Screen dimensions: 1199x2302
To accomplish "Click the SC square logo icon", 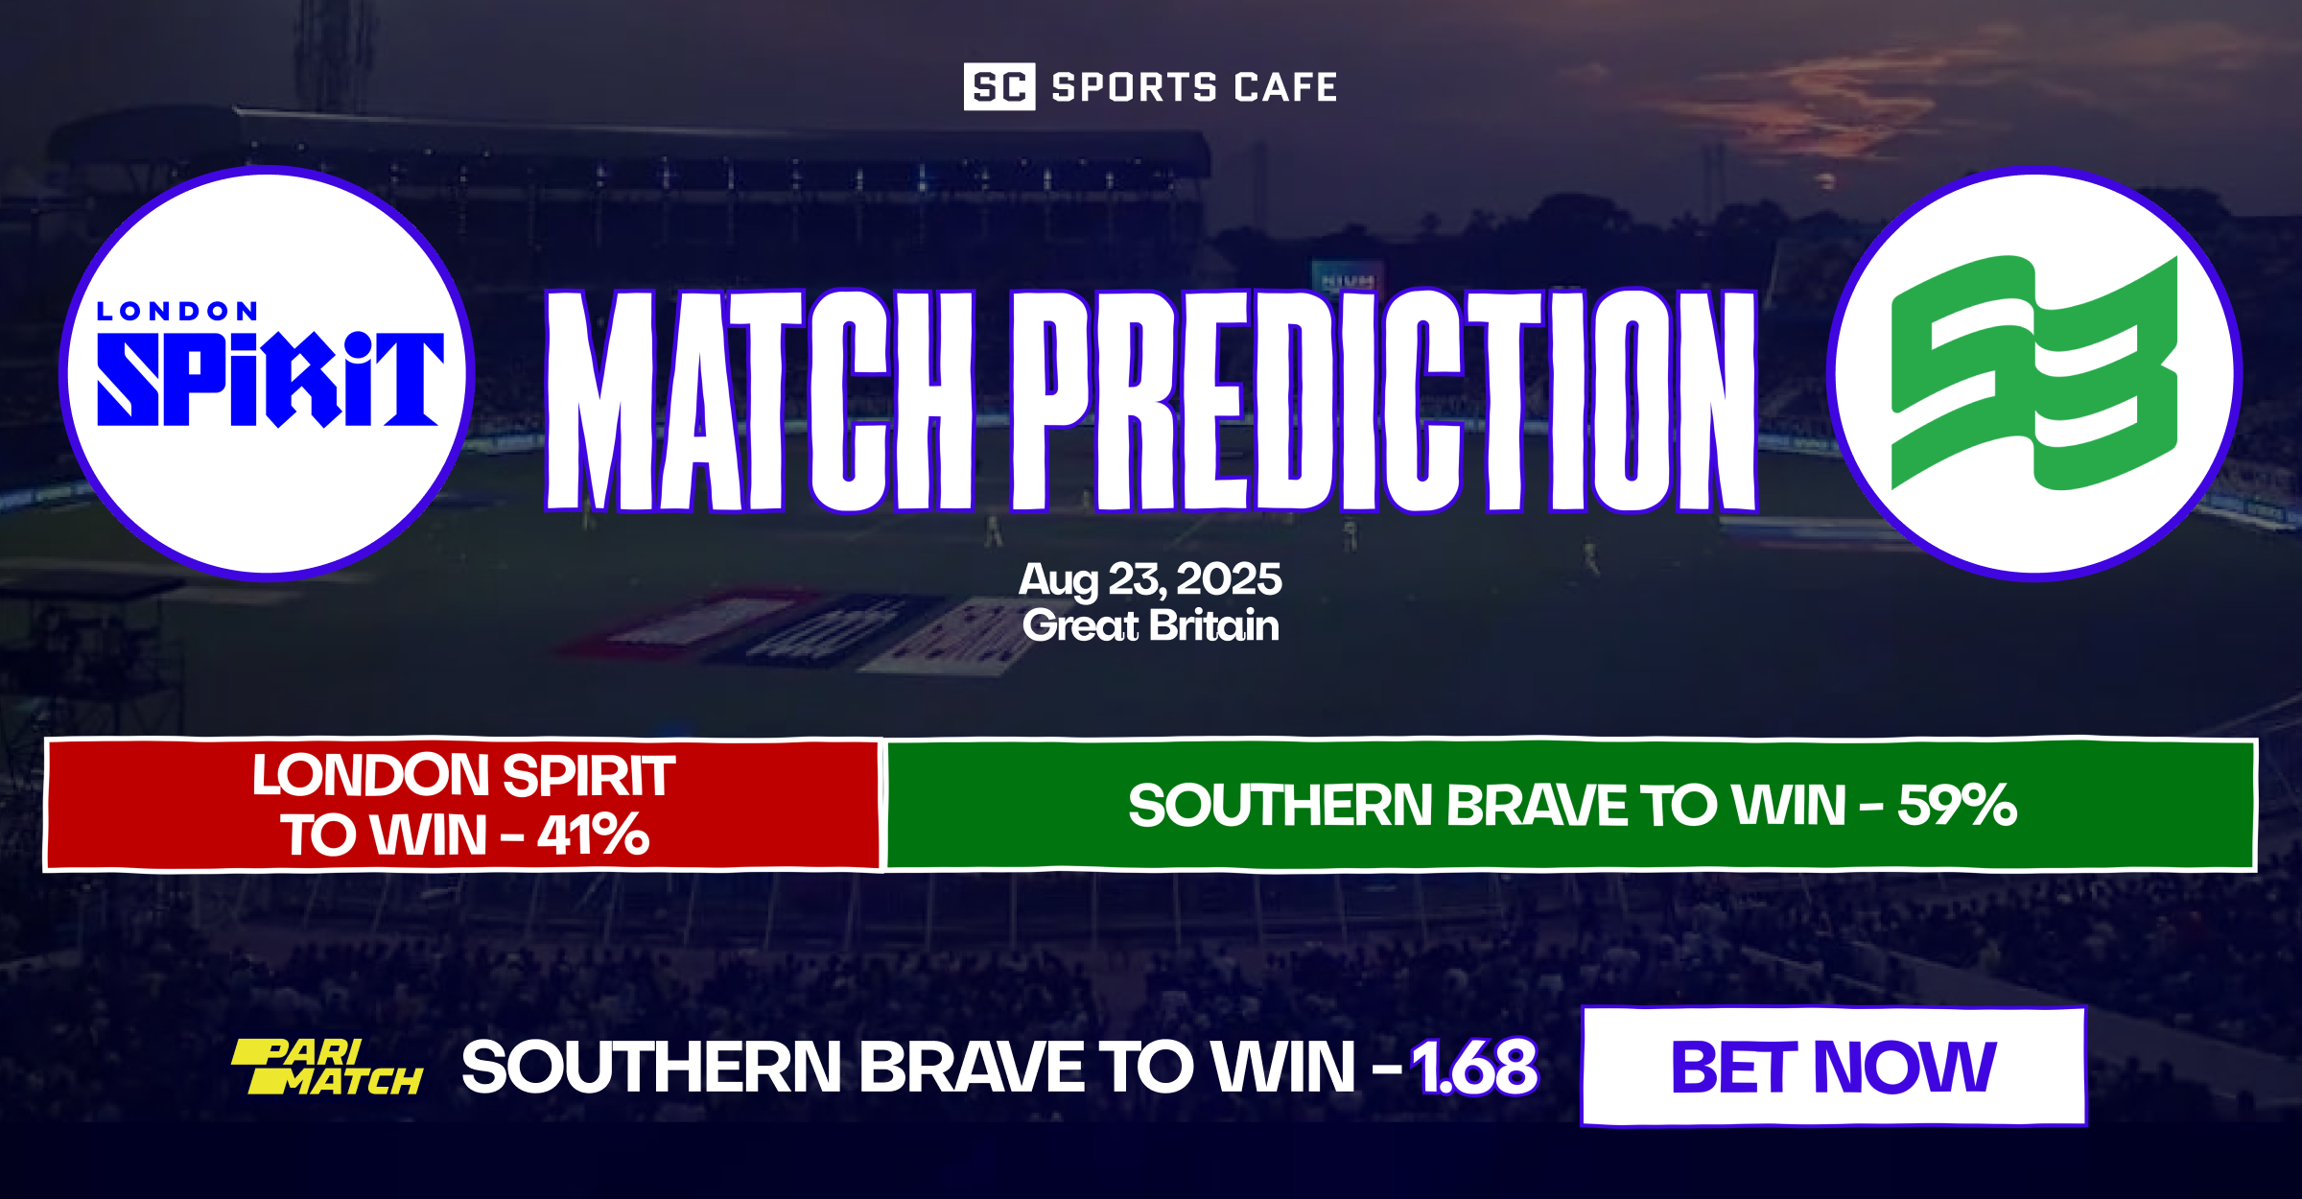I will click(998, 87).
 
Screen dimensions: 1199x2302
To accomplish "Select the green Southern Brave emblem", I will click(2034, 373).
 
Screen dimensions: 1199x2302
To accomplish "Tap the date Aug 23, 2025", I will click(1150, 579).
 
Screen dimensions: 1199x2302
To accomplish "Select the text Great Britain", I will click(1150, 626).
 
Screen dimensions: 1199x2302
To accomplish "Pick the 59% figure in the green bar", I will click(1957, 805).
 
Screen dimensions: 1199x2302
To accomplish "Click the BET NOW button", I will click(1833, 1067).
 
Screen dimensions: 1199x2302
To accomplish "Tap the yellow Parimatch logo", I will click(326, 1067).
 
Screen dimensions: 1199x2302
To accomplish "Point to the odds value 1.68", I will click(1474, 1068).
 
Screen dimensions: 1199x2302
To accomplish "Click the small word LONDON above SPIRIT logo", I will click(177, 312).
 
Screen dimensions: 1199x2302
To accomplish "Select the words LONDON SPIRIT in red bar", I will click(463, 776).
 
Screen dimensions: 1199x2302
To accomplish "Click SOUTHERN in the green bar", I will click(1280, 806).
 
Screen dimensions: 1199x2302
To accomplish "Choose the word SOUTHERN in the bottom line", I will click(652, 1068).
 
